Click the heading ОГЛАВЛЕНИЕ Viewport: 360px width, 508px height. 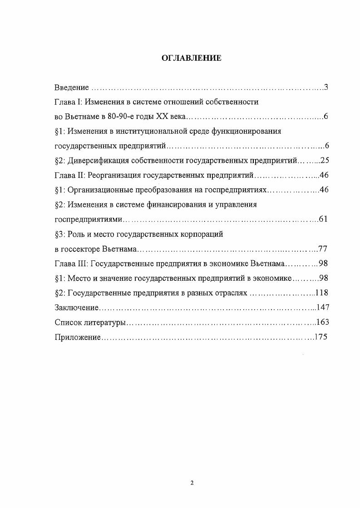(x=192, y=58)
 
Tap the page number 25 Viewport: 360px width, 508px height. (x=324, y=161)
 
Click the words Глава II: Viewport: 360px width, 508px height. (x=69, y=175)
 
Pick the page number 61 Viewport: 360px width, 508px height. (x=323, y=219)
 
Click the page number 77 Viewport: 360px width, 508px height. (x=323, y=249)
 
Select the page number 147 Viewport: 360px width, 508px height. (x=322, y=307)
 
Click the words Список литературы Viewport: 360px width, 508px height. (x=89, y=322)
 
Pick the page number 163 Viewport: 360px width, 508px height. (x=322, y=322)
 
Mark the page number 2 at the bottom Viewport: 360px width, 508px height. (x=192, y=483)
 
